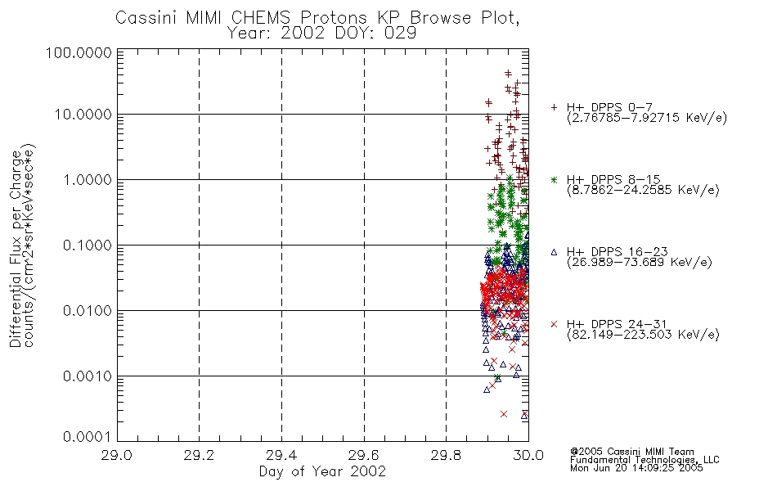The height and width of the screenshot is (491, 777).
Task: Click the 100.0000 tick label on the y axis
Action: pos(79,52)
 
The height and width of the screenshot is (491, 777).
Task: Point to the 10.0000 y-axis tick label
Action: pos(83,115)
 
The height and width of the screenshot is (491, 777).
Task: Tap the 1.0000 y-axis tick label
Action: pos(88,179)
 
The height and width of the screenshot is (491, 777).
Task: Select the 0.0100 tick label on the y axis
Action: pos(88,311)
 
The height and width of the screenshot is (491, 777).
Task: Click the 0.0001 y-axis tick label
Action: pos(88,437)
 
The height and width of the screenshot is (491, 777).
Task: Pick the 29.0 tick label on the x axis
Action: pos(117,455)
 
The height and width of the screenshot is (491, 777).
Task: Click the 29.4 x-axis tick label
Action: pos(281,455)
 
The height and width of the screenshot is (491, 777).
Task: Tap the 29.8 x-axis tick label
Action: pos(446,455)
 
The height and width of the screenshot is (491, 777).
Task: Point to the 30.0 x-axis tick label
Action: pos(528,455)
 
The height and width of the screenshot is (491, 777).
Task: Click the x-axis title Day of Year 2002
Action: pos(322,471)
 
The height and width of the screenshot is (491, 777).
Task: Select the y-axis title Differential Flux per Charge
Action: pos(16,249)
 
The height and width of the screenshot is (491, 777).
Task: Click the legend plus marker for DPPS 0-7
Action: pos(554,107)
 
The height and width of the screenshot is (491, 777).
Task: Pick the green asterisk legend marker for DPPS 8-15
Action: pos(554,180)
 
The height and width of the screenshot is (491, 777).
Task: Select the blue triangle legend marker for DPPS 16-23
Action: pos(554,252)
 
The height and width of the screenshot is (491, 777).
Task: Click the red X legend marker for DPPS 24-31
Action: pos(554,324)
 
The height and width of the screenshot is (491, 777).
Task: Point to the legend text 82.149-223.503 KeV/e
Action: pos(643,335)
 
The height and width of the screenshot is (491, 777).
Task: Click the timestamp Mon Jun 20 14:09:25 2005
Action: pos(636,468)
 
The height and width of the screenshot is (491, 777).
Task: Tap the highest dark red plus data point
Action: pos(508,74)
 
